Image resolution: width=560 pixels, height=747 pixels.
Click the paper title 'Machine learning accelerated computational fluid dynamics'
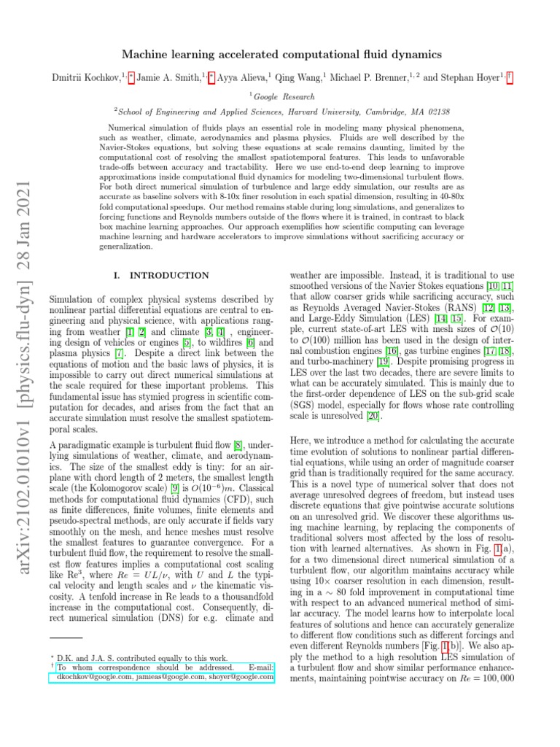click(x=280, y=54)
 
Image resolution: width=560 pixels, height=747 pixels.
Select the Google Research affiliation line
click(x=280, y=96)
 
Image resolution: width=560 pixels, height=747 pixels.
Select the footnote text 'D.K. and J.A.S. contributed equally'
click(x=135, y=657)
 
